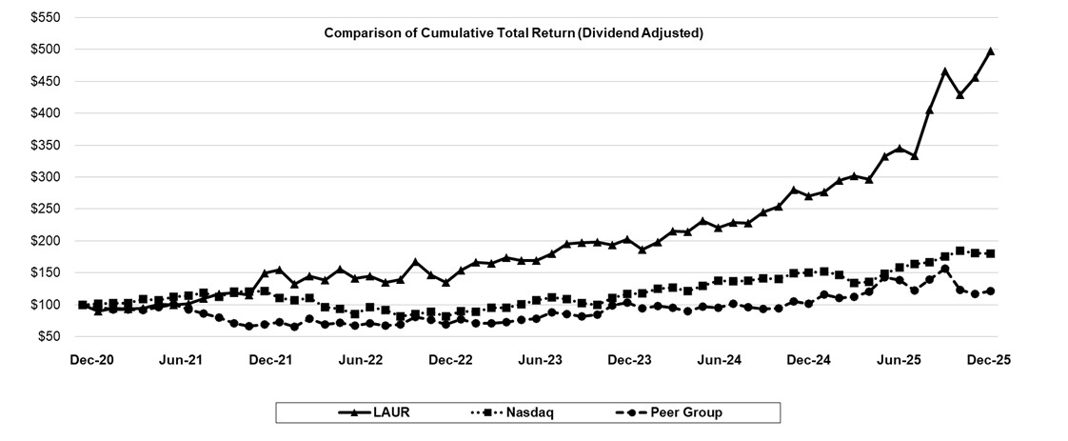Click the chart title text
pos(513,33)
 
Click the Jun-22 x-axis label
pos(361,360)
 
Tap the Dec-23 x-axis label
pos(630,360)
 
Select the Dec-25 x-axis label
pos(989,360)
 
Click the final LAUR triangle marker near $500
pos(990,51)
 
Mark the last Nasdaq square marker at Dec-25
pos(990,253)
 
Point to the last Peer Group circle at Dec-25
pos(990,291)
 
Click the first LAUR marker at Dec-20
pos(84,305)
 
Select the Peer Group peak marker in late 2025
pos(944,269)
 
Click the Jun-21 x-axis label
pos(181,360)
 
